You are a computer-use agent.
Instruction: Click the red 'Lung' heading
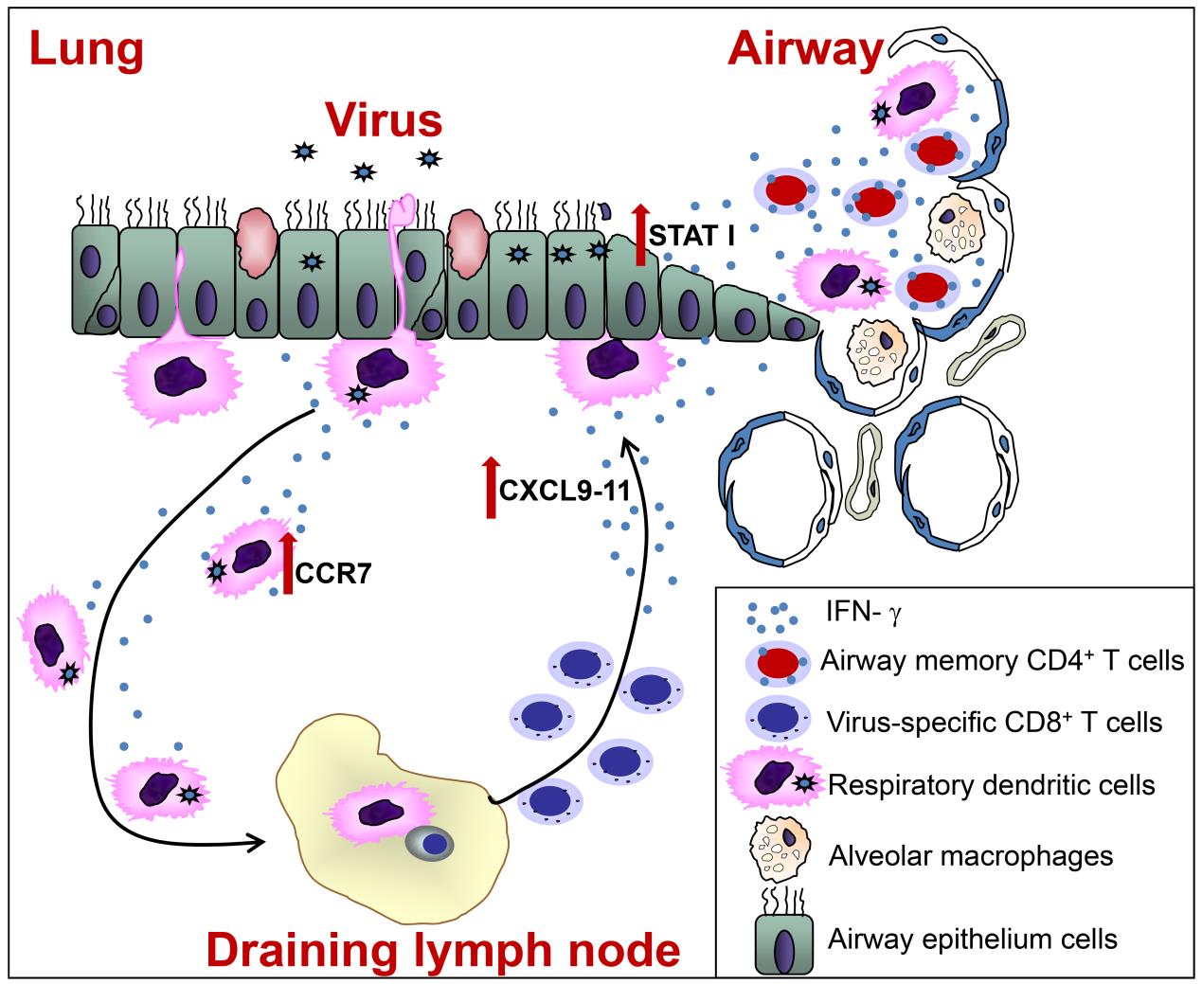[86, 49]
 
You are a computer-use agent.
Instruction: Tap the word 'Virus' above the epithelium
[384, 120]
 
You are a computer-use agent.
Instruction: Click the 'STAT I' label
[693, 236]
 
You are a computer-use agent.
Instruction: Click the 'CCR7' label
[332, 574]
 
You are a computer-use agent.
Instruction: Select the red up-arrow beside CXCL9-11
[491, 487]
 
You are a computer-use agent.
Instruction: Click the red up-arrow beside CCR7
[288, 564]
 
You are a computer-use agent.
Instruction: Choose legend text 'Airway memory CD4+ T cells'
[1002, 659]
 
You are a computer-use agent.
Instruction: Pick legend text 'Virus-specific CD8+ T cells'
[994, 723]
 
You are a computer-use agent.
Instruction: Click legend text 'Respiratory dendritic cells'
[991, 785]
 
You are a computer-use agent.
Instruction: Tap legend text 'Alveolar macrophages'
[970, 856]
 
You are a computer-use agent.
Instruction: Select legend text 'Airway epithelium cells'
[972, 939]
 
